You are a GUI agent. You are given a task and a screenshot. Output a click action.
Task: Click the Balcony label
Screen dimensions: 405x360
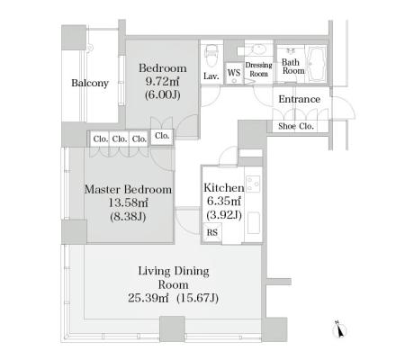90,83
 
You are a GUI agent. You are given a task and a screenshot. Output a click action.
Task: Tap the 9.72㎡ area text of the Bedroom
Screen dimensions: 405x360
162,81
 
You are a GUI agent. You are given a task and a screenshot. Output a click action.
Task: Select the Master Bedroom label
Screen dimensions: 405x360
128,190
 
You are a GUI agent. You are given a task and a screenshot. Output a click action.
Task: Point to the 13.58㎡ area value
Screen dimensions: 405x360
128,203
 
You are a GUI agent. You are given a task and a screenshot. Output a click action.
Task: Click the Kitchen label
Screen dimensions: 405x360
224,188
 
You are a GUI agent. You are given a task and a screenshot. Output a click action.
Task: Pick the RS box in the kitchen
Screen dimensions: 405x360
212,232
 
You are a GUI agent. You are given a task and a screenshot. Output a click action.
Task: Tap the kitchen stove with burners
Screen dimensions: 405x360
253,184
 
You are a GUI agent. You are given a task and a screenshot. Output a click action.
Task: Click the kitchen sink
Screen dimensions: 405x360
254,223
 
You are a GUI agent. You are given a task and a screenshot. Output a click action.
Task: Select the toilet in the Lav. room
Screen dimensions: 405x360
211,56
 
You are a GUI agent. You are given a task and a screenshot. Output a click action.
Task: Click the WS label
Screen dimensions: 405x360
234,73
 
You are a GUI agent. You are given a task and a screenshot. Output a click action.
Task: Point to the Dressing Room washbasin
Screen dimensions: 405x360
258,49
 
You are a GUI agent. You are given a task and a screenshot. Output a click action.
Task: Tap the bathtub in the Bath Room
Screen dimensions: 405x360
316,64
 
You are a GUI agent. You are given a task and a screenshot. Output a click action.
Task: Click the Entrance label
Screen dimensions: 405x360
299,99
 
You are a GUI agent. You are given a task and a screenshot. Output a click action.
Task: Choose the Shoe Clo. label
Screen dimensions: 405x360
296,126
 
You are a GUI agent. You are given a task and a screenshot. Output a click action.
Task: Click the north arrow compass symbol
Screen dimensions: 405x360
339,329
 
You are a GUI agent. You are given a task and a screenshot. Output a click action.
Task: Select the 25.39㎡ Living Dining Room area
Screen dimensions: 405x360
148,298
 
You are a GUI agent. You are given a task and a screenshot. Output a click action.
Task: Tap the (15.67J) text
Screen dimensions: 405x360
197,298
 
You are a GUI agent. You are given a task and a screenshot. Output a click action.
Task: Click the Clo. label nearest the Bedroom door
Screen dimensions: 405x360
162,136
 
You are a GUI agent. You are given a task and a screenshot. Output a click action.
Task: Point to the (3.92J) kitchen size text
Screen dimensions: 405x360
224,215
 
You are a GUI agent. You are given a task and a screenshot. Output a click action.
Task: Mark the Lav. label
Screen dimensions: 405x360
211,76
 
